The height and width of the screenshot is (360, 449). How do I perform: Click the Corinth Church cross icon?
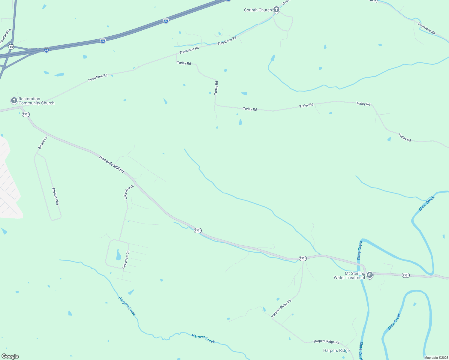pos(276,10)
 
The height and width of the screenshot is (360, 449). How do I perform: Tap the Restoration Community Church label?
pos(36,101)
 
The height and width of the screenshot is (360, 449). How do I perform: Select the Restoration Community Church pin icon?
pos(14,100)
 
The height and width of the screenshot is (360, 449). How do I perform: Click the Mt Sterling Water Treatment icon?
pos(370,274)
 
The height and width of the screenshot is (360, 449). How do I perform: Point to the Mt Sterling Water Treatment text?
pos(349,276)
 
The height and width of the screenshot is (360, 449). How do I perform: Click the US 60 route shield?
pos(11,47)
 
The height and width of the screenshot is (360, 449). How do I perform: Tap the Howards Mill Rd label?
pos(112,164)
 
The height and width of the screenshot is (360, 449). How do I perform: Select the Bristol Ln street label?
pos(43,143)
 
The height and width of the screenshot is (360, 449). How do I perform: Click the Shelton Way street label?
pos(56,196)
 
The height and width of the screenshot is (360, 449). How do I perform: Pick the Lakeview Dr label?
pos(129,192)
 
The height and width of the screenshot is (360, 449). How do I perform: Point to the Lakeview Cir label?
pos(125,259)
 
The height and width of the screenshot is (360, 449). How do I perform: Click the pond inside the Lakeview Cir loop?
pos(118,255)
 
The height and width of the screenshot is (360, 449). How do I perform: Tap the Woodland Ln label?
pos(5,37)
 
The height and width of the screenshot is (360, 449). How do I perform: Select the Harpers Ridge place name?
pos(336,350)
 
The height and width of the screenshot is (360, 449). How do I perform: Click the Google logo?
pos(10,356)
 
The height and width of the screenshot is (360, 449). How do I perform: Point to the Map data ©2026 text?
pos(436,358)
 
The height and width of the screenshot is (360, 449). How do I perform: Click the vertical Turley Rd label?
pos(216,88)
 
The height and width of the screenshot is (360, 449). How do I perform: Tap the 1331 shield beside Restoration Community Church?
pos(26,114)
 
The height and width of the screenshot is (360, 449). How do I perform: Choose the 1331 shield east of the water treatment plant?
pos(405,275)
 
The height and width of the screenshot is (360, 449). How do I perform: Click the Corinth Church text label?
pos(258,10)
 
